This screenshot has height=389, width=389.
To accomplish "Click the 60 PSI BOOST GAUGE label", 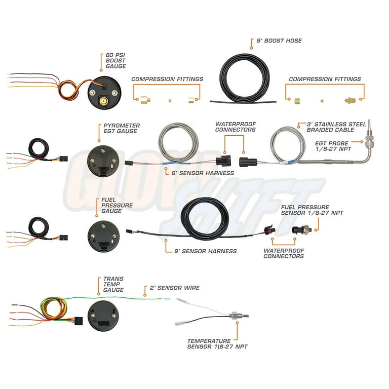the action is tap(115, 61).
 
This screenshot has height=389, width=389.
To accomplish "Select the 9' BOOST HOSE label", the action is tap(279, 41).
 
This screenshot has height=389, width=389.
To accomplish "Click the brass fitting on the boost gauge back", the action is tap(103, 101).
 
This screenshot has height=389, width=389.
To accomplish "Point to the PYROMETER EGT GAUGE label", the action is tap(122, 128).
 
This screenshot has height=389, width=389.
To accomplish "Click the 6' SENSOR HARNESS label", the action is tap(203, 173).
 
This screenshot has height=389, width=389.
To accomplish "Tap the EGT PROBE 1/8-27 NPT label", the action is tap(333, 146).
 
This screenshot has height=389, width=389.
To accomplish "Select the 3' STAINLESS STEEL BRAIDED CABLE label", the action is tap(336, 127).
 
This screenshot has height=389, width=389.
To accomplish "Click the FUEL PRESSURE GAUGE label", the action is tap(117, 206).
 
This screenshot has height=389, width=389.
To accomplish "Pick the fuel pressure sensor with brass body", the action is tap(301, 229).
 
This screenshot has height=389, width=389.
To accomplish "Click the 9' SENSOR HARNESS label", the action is tap(206, 251).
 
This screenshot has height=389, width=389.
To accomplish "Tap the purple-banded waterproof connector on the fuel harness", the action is tap(270, 230).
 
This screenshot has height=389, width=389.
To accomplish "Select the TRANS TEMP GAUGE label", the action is tap(113, 284).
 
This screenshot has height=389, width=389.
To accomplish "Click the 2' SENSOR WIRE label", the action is tap(175, 288).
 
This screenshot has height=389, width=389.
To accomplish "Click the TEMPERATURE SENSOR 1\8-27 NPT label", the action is tap(217, 343).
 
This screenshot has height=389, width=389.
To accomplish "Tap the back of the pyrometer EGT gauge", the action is tap(103, 161).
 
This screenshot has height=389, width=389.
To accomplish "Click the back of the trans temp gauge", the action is tap(103, 316).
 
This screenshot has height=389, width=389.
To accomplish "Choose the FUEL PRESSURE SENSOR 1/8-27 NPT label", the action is tap(312, 210).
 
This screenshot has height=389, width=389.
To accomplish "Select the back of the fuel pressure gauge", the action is tap(103, 237).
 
